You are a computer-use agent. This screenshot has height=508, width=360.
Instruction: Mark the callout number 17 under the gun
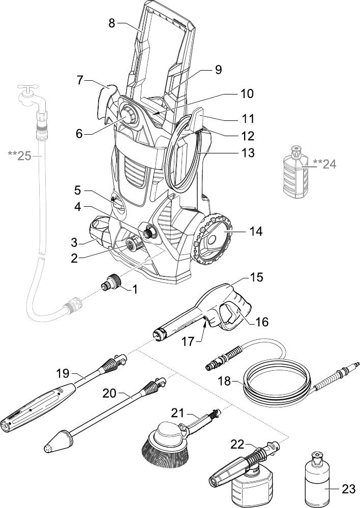coord(189,341)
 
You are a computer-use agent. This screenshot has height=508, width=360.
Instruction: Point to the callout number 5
coord(77,190)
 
